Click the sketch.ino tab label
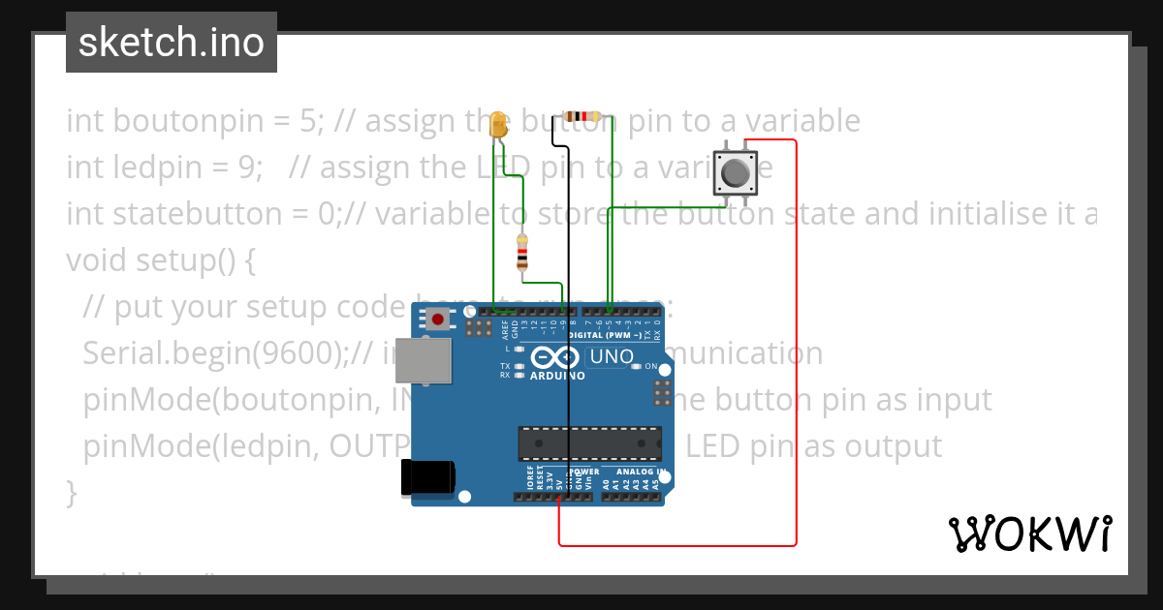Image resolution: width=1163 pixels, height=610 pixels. pyautogui.click(x=172, y=43)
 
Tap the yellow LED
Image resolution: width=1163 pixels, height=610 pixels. pyautogui.click(x=499, y=124)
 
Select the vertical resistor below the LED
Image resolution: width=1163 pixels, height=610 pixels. pyautogui.click(x=522, y=251)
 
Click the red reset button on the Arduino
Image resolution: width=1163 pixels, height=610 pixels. pyautogui.click(x=439, y=319)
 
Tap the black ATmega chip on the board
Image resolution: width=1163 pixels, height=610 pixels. pyautogui.click(x=589, y=442)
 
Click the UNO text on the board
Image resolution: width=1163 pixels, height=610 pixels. pyautogui.click(x=612, y=356)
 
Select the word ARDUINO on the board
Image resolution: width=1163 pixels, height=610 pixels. pyautogui.click(x=557, y=376)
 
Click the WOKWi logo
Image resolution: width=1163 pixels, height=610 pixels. pyautogui.click(x=1029, y=534)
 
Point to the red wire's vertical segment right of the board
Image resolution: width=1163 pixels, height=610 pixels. pyautogui.click(x=796, y=339)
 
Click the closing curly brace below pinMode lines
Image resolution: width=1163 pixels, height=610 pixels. pyautogui.click(x=71, y=492)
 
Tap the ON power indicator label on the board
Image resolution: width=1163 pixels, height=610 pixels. pyautogui.click(x=650, y=367)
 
